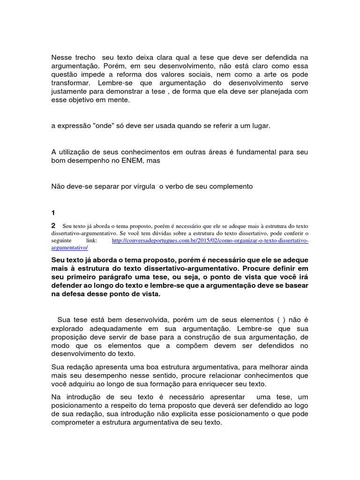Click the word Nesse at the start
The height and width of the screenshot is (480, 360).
coord(61,57)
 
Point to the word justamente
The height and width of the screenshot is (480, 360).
coord(69,91)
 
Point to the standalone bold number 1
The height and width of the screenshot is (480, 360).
coord(53,212)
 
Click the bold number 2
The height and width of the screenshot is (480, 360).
coord(54,225)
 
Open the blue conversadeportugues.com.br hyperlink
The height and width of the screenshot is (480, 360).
coord(210,240)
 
